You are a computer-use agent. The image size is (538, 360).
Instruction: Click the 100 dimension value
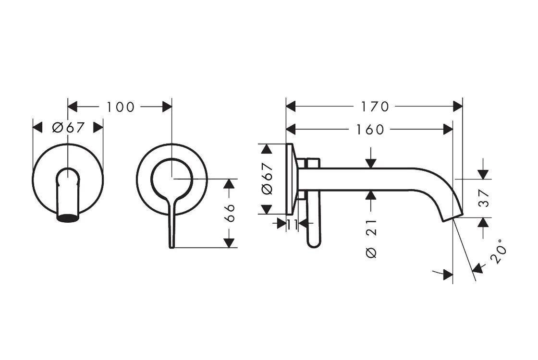(121, 107)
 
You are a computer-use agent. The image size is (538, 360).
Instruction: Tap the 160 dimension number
(370, 129)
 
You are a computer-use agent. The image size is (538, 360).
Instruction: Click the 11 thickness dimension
(293, 223)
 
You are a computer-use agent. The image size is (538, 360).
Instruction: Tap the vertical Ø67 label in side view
(267, 179)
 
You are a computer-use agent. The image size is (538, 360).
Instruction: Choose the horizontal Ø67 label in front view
(68, 127)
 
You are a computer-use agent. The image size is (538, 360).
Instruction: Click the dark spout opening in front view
(67, 218)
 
